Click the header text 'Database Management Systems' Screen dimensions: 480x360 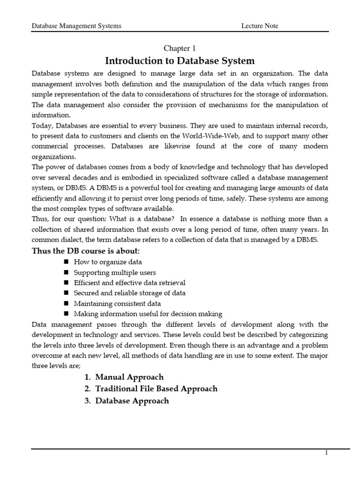point(76,26)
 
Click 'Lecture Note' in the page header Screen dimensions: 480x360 point(259,26)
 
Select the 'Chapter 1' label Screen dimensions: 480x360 point(180,49)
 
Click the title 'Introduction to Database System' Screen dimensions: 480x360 point(180,61)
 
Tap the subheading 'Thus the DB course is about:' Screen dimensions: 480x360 point(85,251)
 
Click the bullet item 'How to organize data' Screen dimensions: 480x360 point(108,262)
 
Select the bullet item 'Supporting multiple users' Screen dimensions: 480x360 point(115,272)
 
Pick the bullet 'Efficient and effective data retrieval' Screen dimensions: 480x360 point(129,283)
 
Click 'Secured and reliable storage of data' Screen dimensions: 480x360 point(129,293)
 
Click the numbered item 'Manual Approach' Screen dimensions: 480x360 point(129,377)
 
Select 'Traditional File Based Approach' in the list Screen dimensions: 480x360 point(156,389)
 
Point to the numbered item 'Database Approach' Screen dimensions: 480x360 point(132,401)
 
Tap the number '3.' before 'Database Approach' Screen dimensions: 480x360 point(88,401)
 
